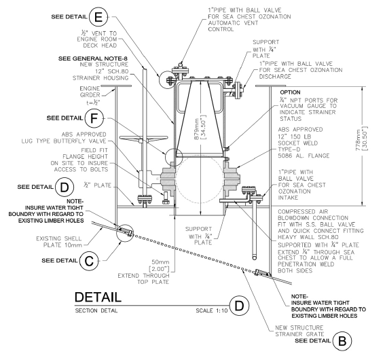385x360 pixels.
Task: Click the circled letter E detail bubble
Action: click(98, 17)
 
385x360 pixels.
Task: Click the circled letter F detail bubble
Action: click(94, 118)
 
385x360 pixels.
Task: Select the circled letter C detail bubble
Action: click(89, 261)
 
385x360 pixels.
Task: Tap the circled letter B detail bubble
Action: click(342, 341)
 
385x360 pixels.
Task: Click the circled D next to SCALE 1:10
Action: click(239, 306)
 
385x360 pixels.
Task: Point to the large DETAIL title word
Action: click(98, 297)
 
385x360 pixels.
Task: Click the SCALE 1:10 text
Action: click(212, 310)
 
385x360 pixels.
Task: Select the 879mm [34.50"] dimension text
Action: click(201, 127)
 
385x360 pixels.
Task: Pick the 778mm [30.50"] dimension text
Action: click(362, 139)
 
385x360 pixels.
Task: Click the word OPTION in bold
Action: click(290, 92)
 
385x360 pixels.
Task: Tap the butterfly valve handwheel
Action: click(144, 139)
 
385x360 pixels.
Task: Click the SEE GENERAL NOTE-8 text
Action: click(93, 58)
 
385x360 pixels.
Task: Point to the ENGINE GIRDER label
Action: click(90, 92)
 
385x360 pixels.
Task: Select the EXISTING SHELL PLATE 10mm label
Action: click(59, 242)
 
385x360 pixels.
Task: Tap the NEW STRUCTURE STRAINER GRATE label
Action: click(299, 331)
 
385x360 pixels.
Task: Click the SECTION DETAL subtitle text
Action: click(96, 310)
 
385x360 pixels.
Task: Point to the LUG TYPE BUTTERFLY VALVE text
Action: click(64, 141)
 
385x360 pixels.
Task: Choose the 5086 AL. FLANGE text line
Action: click(304, 156)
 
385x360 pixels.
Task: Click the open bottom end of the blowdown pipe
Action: click(255, 258)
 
